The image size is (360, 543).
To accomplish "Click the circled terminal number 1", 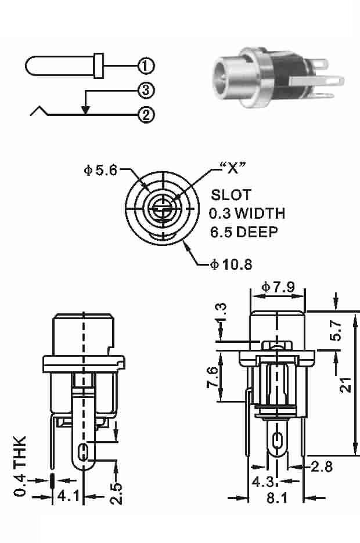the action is [146, 66].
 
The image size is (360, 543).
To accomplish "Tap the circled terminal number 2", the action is [146, 115].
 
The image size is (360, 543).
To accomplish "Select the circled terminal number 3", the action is [146, 91].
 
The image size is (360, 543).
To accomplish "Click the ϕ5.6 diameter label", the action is [100, 170].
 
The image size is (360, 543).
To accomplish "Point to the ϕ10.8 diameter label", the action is [231, 265].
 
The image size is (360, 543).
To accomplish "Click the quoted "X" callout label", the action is [233, 168].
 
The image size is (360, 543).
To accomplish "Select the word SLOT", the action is [231, 195].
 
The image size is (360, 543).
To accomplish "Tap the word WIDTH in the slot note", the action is [260, 213].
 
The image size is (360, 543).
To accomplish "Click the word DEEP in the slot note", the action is [257, 231].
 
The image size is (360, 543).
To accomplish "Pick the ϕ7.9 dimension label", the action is [278, 287].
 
